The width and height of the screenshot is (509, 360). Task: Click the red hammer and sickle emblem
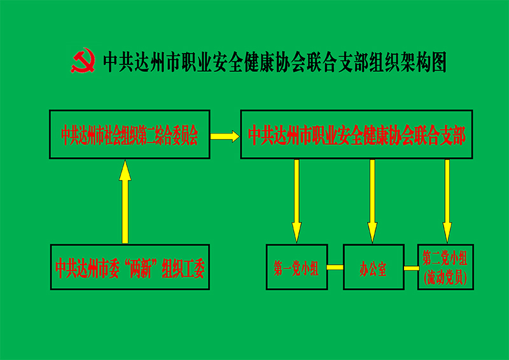(83, 60)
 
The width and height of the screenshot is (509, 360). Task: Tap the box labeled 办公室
(373, 267)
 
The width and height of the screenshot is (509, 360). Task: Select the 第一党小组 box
(296, 267)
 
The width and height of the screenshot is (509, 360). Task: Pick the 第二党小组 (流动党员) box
(445, 267)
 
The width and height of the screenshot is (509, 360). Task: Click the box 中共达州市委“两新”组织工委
(130, 267)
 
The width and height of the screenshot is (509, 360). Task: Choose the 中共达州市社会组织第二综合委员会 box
(130, 134)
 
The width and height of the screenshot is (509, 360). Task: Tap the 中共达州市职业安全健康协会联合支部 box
(356, 134)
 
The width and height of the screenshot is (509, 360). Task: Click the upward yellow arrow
(125, 201)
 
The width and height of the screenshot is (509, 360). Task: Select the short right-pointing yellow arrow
(225, 136)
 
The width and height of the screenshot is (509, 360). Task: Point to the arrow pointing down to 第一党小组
(296, 201)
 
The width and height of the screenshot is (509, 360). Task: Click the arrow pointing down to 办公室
(372, 201)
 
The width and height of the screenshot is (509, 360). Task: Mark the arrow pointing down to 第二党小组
(447, 201)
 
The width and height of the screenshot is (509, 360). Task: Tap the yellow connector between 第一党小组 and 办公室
(335, 267)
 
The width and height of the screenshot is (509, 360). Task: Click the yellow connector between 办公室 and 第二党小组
(411, 268)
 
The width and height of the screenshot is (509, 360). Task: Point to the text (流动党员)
(445, 278)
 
